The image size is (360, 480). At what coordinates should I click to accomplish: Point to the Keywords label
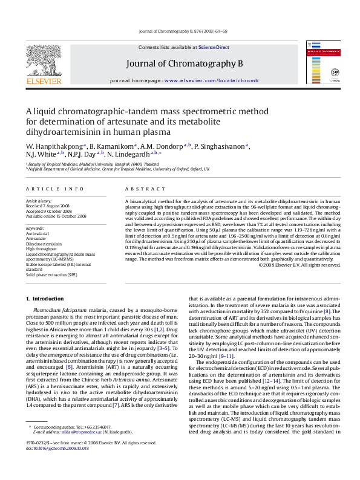[x=35, y=227]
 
